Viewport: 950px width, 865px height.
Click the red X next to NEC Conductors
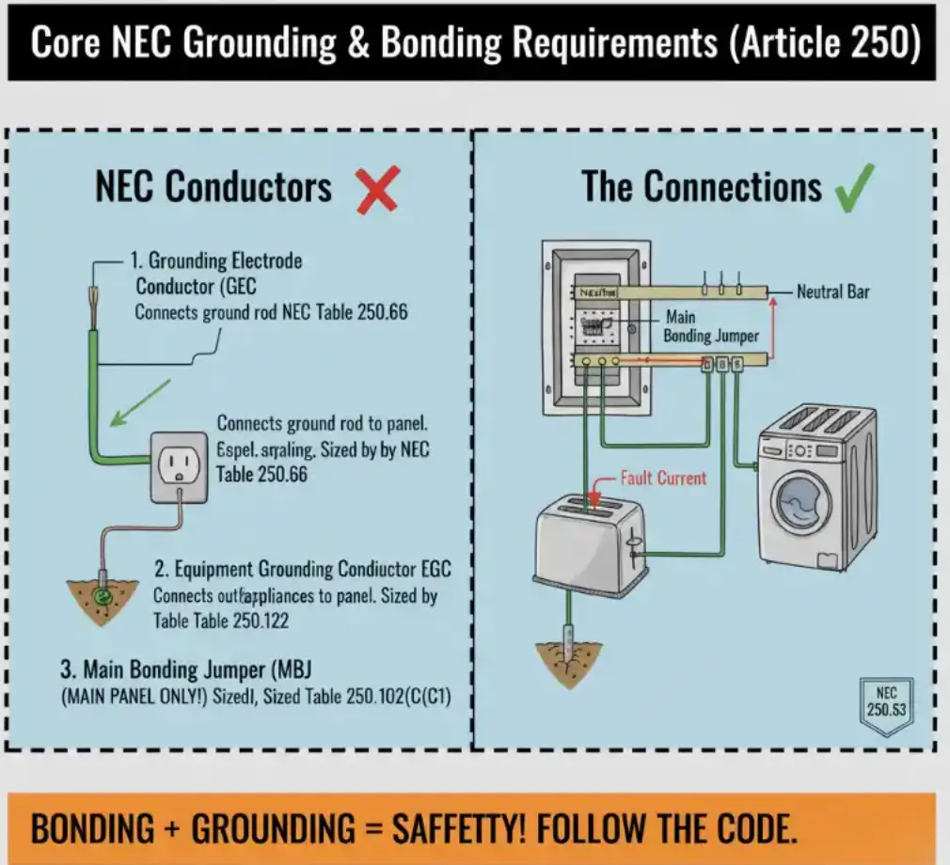pyautogui.click(x=378, y=188)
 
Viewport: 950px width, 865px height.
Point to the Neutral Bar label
pyautogui.click(x=832, y=292)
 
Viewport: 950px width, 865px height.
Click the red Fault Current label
pyautogui.click(x=663, y=478)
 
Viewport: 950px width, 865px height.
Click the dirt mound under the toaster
pyautogui.click(x=568, y=657)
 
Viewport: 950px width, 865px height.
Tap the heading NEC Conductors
pyautogui.click(x=214, y=187)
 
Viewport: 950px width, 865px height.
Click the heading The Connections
pyautogui.click(x=702, y=186)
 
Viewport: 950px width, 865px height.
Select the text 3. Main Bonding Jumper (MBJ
pyautogui.click(x=186, y=670)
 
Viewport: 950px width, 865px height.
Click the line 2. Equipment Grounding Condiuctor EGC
pyautogui.click(x=302, y=570)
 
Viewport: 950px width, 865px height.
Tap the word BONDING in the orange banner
pyautogui.click(x=95, y=828)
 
